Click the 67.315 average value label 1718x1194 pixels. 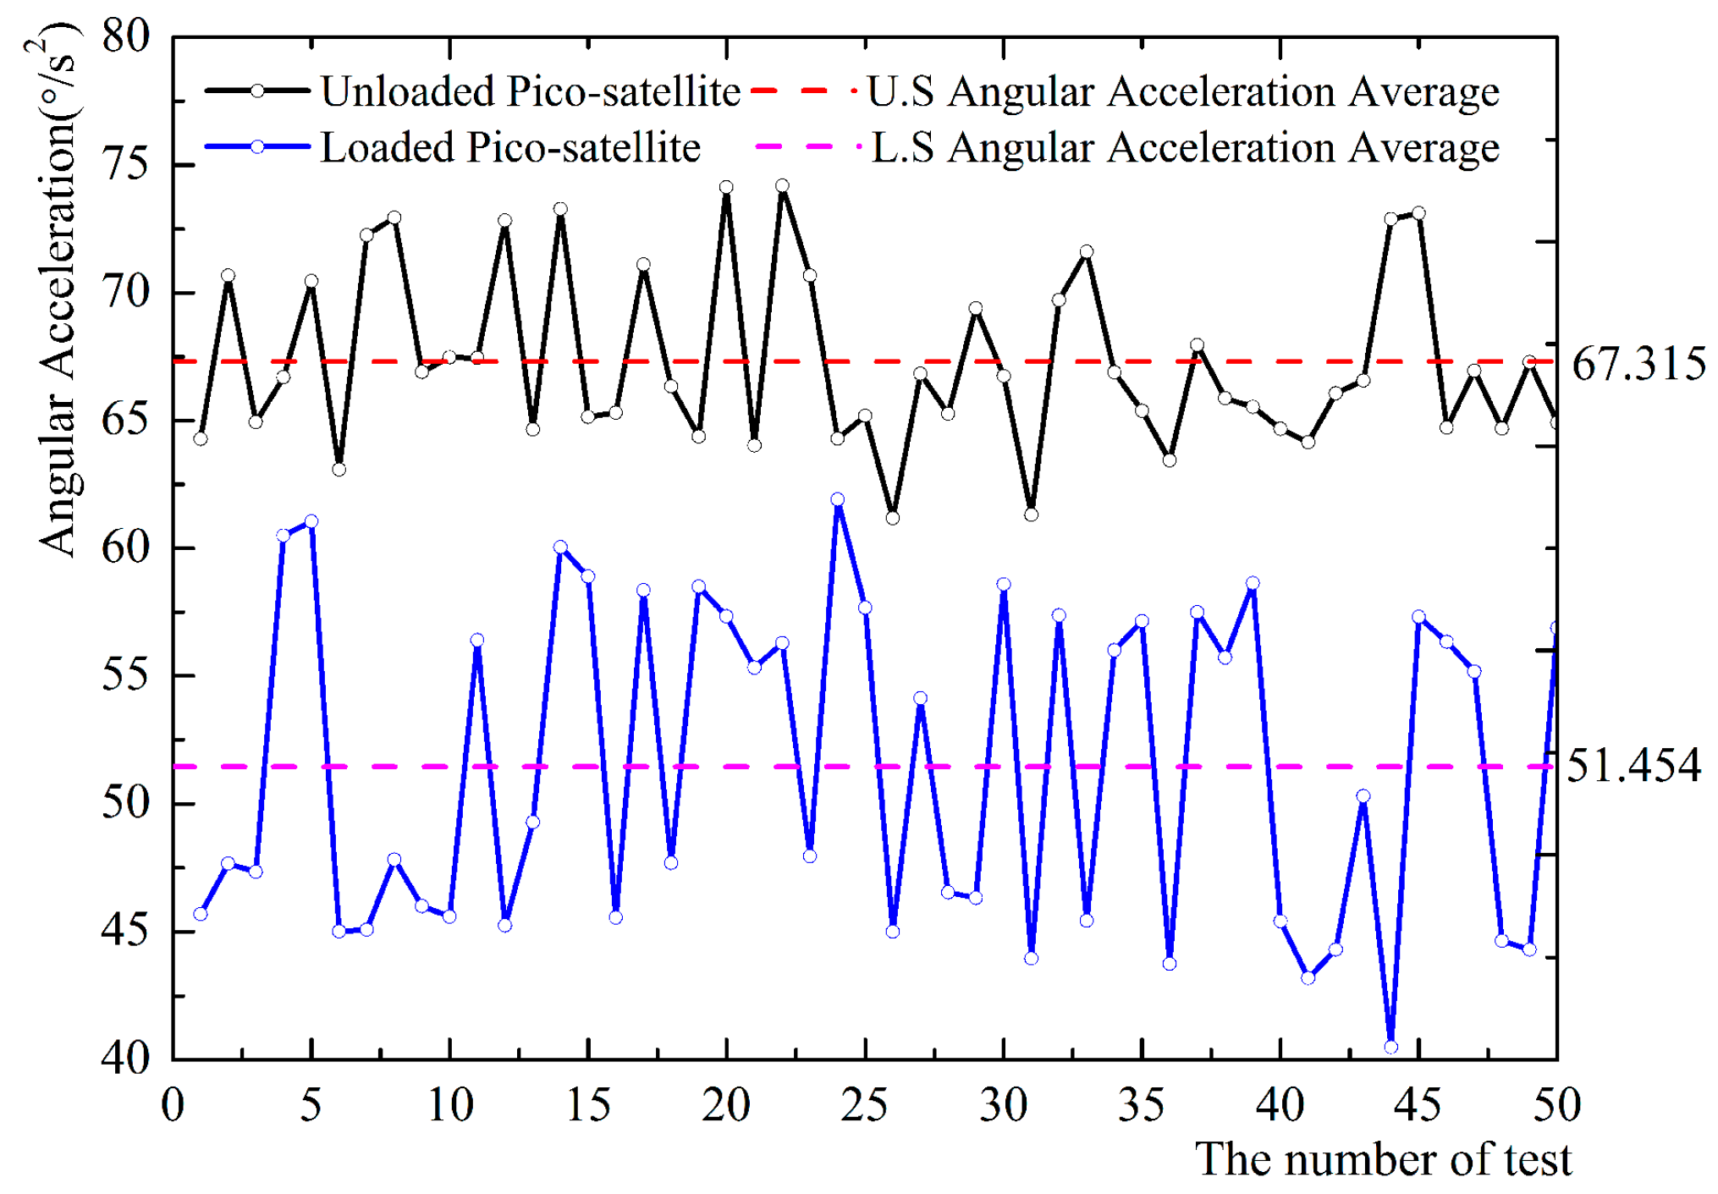(x=1638, y=365)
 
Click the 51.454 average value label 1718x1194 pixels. (x=1633, y=766)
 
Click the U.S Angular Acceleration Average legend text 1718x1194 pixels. (x=1183, y=91)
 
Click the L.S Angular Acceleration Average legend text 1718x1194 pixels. (x=1185, y=147)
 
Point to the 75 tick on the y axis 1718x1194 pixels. (x=124, y=163)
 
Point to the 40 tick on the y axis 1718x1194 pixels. (x=124, y=1058)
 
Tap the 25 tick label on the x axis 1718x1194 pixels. (x=864, y=1105)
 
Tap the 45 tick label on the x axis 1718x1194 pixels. (x=1418, y=1105)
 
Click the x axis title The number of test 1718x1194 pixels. (x=1383, y=1159)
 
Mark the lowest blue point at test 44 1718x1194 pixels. (x=1390, y=1048)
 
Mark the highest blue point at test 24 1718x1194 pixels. (x=838, y=500)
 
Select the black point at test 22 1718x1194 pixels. (x=782, y=186)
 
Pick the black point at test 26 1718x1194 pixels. (x=893, y=518)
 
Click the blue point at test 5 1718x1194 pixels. (x=311, y=521)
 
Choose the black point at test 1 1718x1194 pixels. (x=201, y=438)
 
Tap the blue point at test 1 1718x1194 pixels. (x=201, y=914)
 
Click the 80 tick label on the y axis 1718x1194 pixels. (x=124, y=36)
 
